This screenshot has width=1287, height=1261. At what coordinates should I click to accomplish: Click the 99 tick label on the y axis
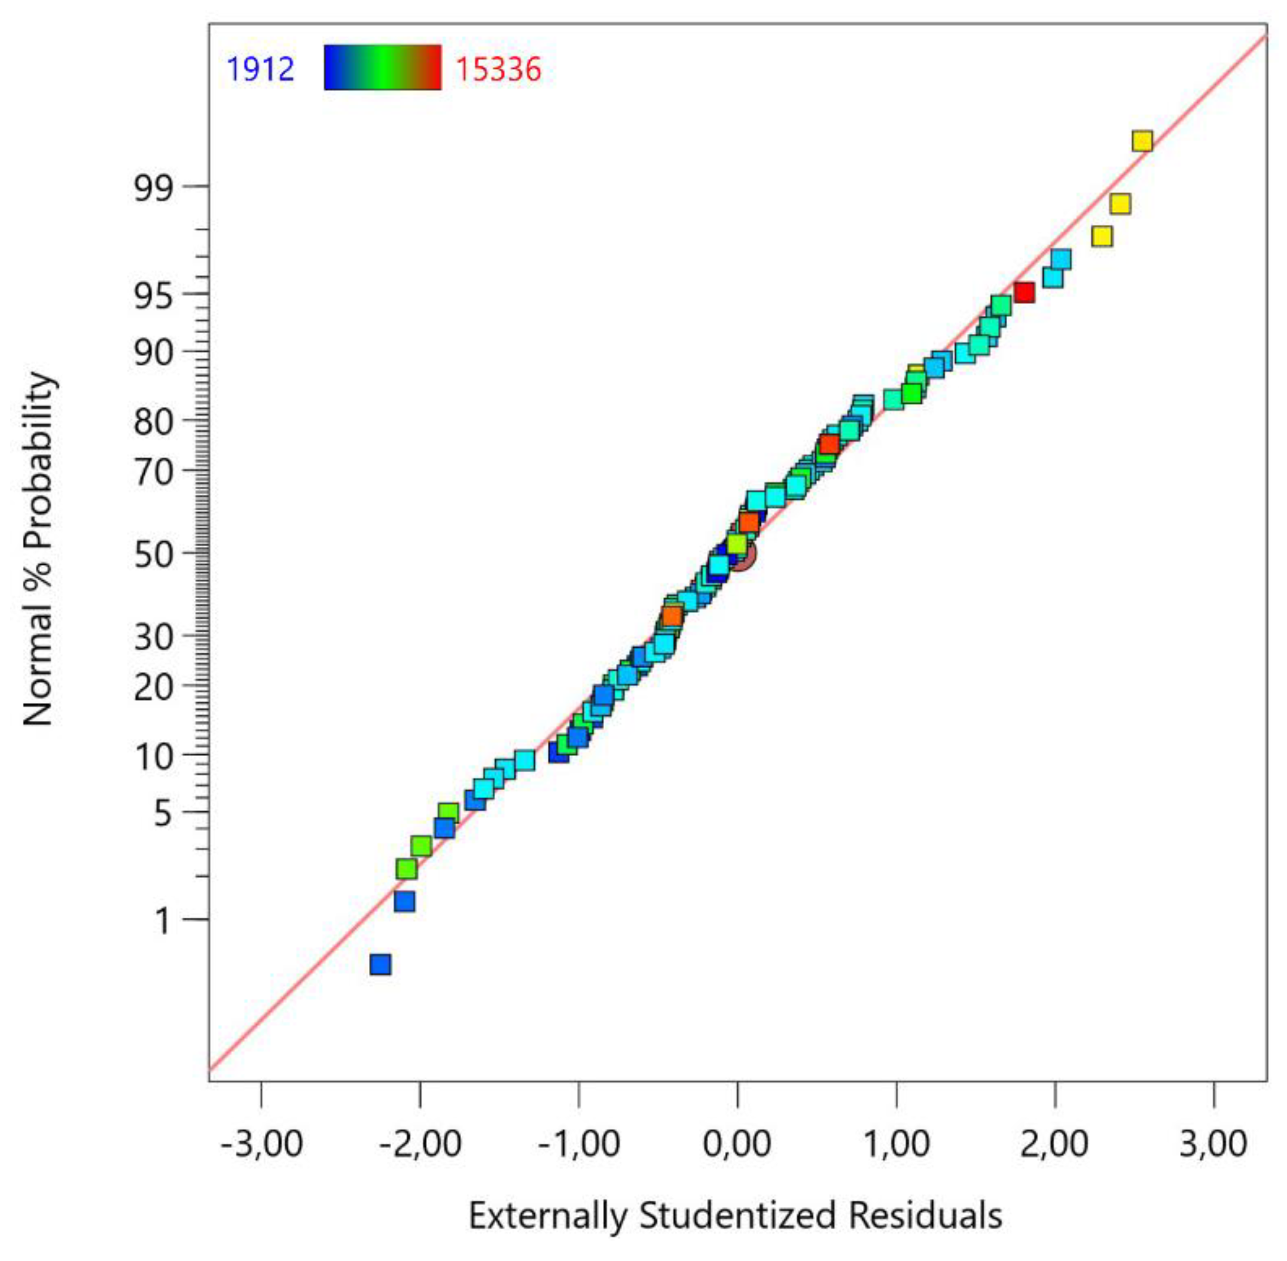pos(154,190)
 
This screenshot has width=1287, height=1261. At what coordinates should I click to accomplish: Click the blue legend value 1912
pos(260,69)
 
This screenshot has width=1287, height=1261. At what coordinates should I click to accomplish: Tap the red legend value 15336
pos(498,69)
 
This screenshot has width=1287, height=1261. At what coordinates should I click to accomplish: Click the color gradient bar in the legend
pos(382,67)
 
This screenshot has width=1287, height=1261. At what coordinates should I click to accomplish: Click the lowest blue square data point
pos(380,964)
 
